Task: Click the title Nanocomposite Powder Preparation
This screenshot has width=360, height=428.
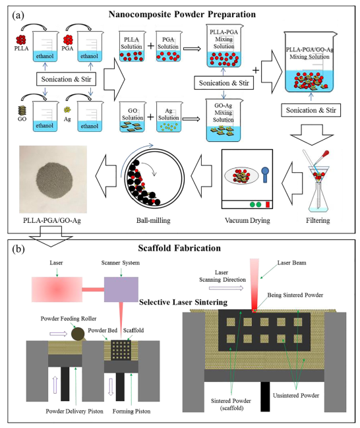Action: [x=182, y=15]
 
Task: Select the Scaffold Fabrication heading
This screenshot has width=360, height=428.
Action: [x=179, y=248]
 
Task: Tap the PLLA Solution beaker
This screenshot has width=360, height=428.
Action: [x=132, y=46]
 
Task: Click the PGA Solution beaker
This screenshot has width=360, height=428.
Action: [x=168, y=46]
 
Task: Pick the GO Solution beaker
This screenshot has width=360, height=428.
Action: [x=133, y=117]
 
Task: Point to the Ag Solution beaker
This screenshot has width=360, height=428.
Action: [x=169, y=117]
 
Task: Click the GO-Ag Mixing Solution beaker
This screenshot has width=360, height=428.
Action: [x=224, y=120]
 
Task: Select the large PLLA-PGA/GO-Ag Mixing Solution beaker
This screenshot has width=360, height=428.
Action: [x=310, y=62]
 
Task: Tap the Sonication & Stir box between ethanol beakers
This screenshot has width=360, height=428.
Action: [x=66, y=79]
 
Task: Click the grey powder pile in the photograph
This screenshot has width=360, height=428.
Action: [x=54, y=177]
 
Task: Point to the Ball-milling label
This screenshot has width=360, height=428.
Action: [x=154, y=220]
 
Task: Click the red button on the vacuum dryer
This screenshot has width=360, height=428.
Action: [x=268, y=204]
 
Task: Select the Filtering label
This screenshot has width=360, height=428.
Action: [x=318, y=220]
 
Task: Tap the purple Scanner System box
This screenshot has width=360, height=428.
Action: [x=121, y=290]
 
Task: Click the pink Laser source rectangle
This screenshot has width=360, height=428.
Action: [x=57, y=290]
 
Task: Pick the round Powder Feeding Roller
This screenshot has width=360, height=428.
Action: [x=78, y=334]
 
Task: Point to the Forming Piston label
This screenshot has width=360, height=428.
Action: [x=131, y=411]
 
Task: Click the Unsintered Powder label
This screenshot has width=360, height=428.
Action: [x=296, y=395]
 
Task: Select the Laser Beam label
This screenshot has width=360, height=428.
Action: [x=292, y=262]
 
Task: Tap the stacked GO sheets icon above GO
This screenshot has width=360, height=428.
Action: [x=22, y=110]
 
